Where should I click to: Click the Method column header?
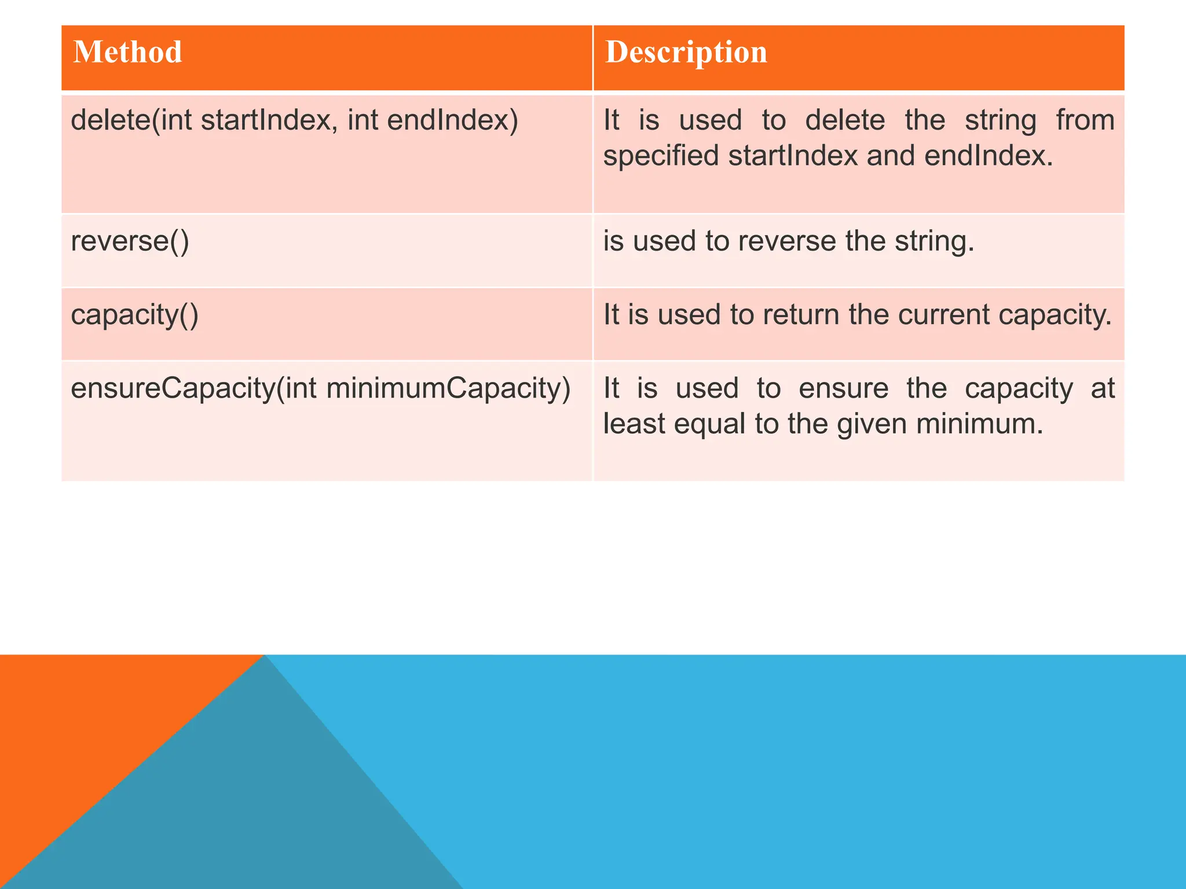pyautogui.click(x=128, y=52)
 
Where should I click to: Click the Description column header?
pyautogui.click(x=686, y=52)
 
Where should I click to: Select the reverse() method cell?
pyautogui.click(x=130, y=241)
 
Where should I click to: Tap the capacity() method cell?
pyautogui.click(x=134, y=315)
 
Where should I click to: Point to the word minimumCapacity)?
pyautogui.click(x=449, y=388)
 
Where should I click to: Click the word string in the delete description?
pyautogui.click(x=1000, y=120)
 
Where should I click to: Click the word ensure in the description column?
pyautogui.click(x=843, y=388)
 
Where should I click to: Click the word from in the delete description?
pyautogui.click(x=1085, y=120)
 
